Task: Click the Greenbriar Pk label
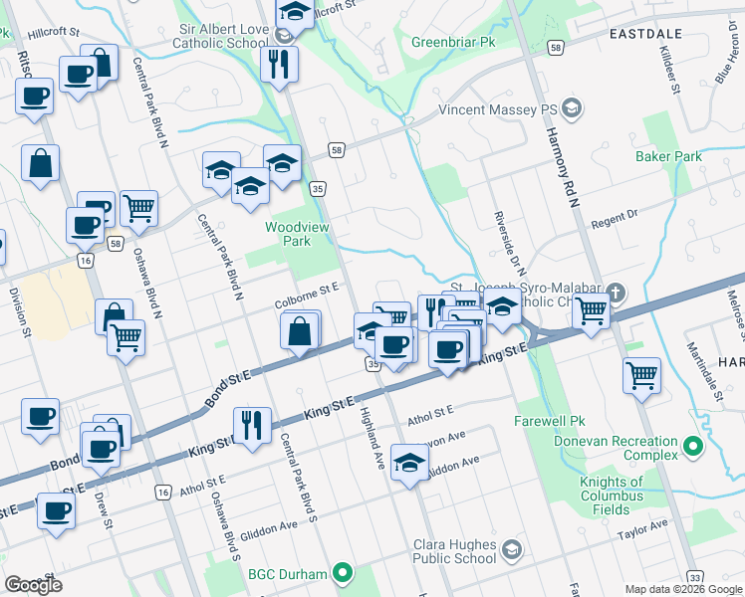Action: (x=453, y=43)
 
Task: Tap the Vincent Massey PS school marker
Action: (x=572, y=107)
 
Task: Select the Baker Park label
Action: (x=668, y=156)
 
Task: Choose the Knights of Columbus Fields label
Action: (x=599, y=496)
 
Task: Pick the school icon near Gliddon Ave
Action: (x=408, y=463)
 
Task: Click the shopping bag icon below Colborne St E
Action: (x=301, y=331)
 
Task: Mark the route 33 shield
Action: (x=694, y=577)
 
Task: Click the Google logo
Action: (x=33, y=584)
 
